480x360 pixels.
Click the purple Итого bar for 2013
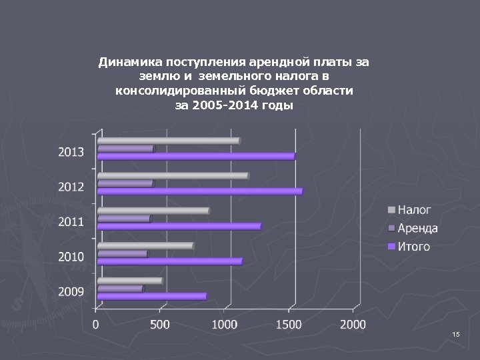pos(195,157)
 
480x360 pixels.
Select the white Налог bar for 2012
pos(172,176)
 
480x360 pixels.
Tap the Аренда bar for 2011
pos(124,219)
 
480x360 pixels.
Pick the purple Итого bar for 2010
pos(169,261)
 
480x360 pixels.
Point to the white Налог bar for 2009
pos(129,281)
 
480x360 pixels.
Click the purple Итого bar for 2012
pos(199,191)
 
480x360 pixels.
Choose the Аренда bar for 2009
pos(120,289)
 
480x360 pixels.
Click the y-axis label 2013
pos(71,152)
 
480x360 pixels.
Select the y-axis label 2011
pos(71,221)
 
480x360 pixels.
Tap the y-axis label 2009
pos(71,291)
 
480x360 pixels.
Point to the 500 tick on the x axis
pos(159,325)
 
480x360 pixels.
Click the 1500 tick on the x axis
pos(289,325)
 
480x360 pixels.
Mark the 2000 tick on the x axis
pos(353,325)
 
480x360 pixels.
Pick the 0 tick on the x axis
pos(96,325)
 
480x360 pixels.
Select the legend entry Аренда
pos(417,229)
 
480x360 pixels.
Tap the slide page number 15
pos(455,333)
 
